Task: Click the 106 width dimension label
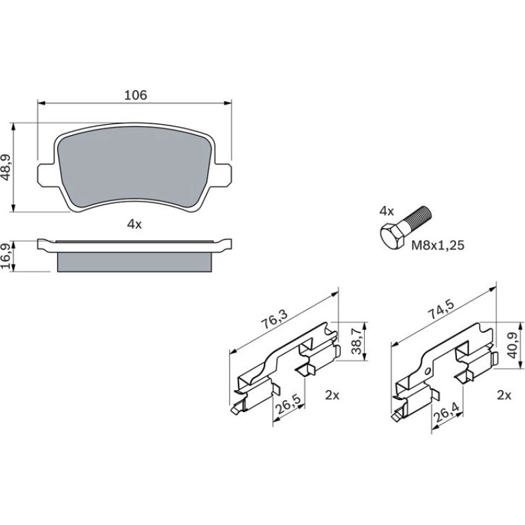136,95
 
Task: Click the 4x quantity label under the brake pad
134,224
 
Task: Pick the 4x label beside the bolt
387,211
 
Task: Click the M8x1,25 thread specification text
438,245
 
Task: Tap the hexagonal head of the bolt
393,235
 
